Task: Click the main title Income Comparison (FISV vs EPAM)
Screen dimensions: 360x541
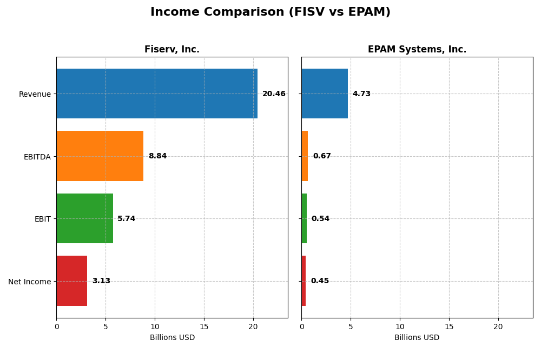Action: point(270,12)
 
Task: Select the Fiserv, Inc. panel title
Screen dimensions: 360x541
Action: point(171,49)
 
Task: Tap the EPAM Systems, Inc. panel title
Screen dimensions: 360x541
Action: point(417,49)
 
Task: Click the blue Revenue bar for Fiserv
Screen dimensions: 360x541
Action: point(157,94)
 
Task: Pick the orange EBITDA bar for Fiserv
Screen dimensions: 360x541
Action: point(100,156)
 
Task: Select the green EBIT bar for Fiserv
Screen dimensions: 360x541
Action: point(84,218)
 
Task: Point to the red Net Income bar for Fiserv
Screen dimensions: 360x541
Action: point(71,281)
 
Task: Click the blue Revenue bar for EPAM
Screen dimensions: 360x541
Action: point(325,94)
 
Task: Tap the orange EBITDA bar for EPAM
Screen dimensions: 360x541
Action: point(305,156)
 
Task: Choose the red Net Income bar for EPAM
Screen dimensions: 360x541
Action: point(304,281)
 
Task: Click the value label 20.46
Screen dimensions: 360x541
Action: point(274,94)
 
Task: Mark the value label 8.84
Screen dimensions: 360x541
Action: point(157,156)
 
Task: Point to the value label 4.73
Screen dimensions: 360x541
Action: point(361,94)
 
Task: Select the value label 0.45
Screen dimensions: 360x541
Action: point(320,281)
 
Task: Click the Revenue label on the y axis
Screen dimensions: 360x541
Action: point(35,94)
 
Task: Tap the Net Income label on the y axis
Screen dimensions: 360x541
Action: point(29,281)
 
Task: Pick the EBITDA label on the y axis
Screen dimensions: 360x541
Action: point(37,157)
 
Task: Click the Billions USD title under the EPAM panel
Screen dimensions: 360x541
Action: point(417,338)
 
